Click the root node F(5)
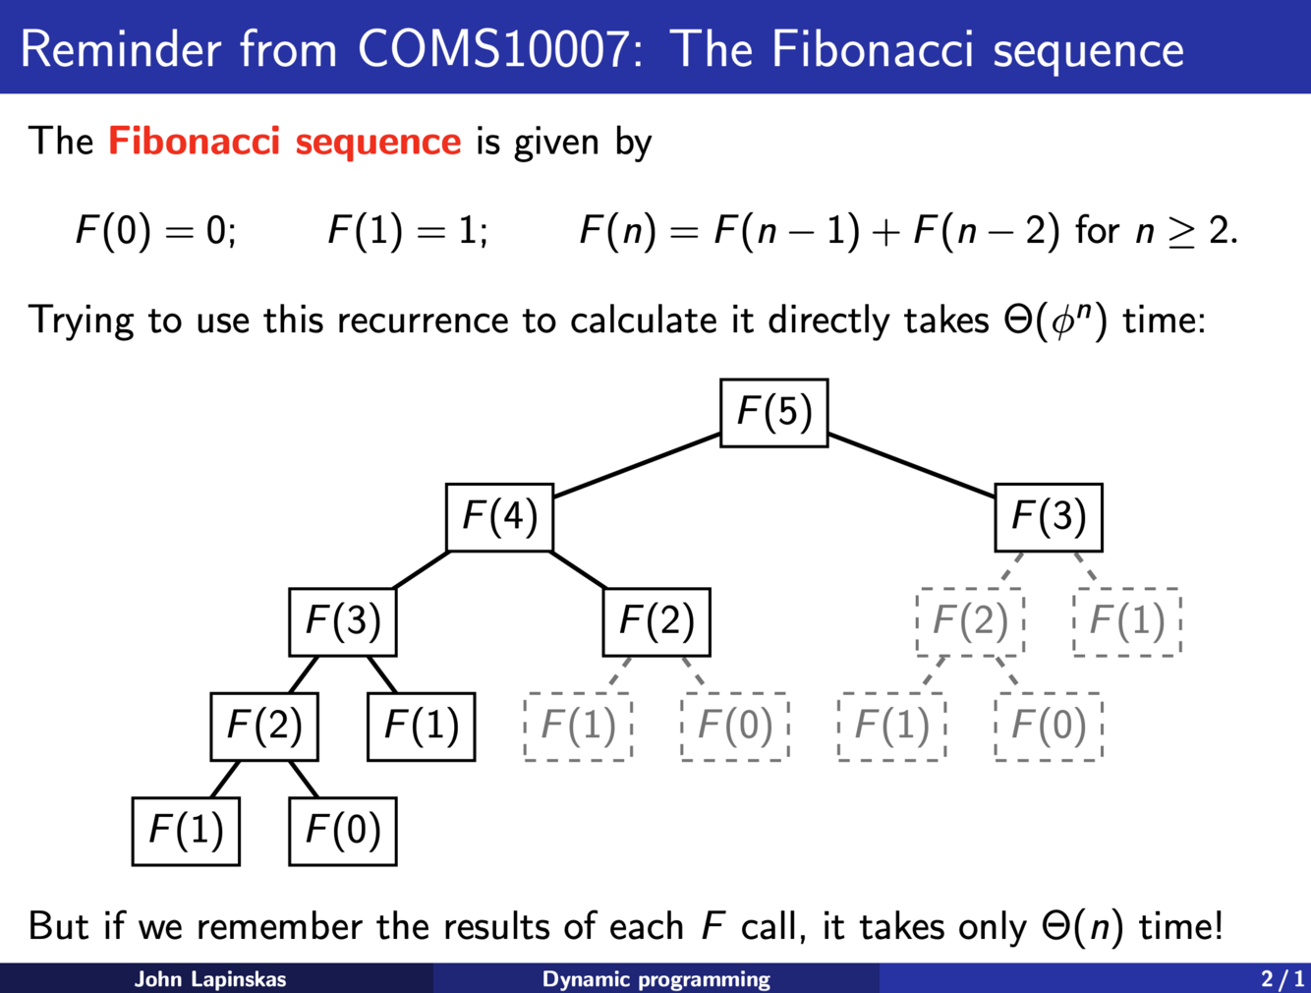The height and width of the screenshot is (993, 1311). (x=773, y=412)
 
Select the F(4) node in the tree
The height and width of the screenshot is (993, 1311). (x=499, y=517)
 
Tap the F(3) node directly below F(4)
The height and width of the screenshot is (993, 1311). (x=342, y=621)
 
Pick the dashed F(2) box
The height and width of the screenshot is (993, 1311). (x=970, y=621)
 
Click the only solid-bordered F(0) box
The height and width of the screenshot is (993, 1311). (x=342, y=831)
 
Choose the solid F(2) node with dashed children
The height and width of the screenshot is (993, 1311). (x=655, y=621)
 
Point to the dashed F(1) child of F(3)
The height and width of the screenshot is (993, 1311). (x=1126, y=621)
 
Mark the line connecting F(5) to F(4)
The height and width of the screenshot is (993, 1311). (x=637, y=465)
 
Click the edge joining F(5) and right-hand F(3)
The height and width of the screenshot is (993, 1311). (x=911, y=465)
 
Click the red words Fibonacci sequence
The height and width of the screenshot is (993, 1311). (x=284, y=142)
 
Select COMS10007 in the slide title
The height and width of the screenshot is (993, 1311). (x=491, y=48)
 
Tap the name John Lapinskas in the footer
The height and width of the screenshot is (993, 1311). (x=210, y=979)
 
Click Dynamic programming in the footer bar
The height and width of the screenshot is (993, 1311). (x=655, y=979)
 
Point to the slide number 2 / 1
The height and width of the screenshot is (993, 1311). (x=1282, y=979)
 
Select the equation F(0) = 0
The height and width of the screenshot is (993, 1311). (x=155, y=231)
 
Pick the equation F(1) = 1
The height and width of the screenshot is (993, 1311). (x=407, y=231)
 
